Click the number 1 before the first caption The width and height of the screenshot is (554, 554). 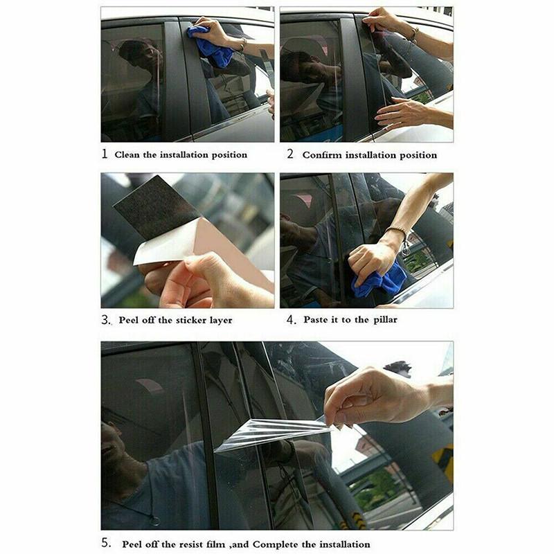tap(105, 154)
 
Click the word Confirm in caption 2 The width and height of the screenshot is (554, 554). tap(321, 154)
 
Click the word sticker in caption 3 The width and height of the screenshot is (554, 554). tap(195, 320)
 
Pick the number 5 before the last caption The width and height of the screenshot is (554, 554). tap(105, 544)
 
